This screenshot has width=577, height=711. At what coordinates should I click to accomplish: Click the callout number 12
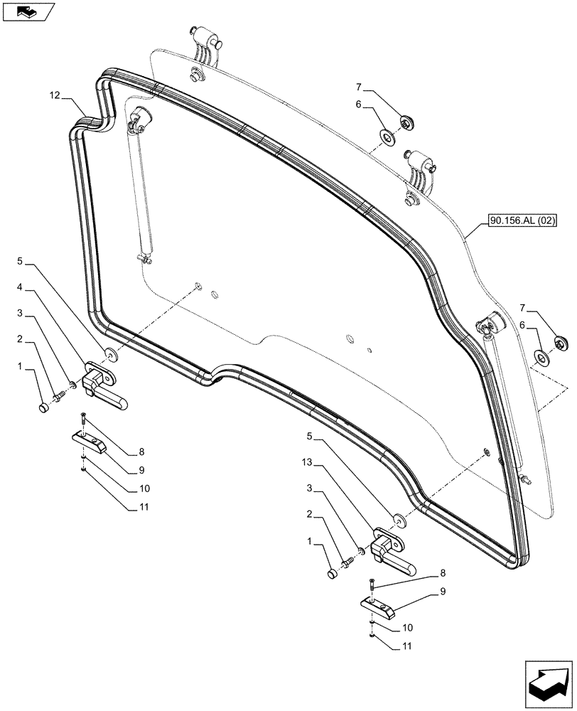pyautogui.click(x=55, y=95)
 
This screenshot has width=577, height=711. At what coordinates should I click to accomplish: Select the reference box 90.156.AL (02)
pyautogui.click(x=522, y=222)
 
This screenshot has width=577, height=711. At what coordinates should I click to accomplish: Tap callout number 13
pyautogui.click(x=307, y=463)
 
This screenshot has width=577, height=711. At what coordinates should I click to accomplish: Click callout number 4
pyautogui.click(x=21, y=288)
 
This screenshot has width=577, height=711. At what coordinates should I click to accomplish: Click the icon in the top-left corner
pyautogui.click(x=28, y=11)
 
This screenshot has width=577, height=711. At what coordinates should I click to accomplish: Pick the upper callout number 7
pyautogui.click(x=360, y=87)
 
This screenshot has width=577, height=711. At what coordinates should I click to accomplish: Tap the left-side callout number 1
pyautogui.click(x=21, y=367)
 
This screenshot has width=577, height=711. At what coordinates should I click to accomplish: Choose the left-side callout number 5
pyautogui.click(x=21, y=262)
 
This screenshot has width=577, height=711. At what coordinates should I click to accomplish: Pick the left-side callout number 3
pyautogui.click(x=21, y=314)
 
